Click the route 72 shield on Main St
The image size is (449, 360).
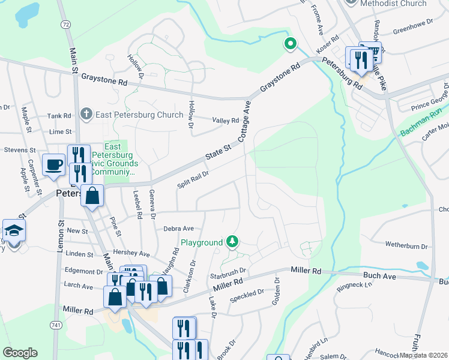coord(65,24)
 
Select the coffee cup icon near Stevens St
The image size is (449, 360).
coord(53,164)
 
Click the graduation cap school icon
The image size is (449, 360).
coord(13,230)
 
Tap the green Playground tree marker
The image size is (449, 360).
coord(232,242)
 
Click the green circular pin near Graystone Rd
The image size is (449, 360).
coord(290,43)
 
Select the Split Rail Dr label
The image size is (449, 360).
coord(193,179)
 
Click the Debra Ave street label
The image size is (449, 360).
coord(178,229)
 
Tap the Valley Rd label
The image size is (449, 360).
coord(226,121)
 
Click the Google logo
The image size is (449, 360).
coord(20,353)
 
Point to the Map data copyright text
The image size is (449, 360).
coord(423,355)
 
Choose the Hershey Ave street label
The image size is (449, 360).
coord(134,254)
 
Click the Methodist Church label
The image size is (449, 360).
coord(393,4)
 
